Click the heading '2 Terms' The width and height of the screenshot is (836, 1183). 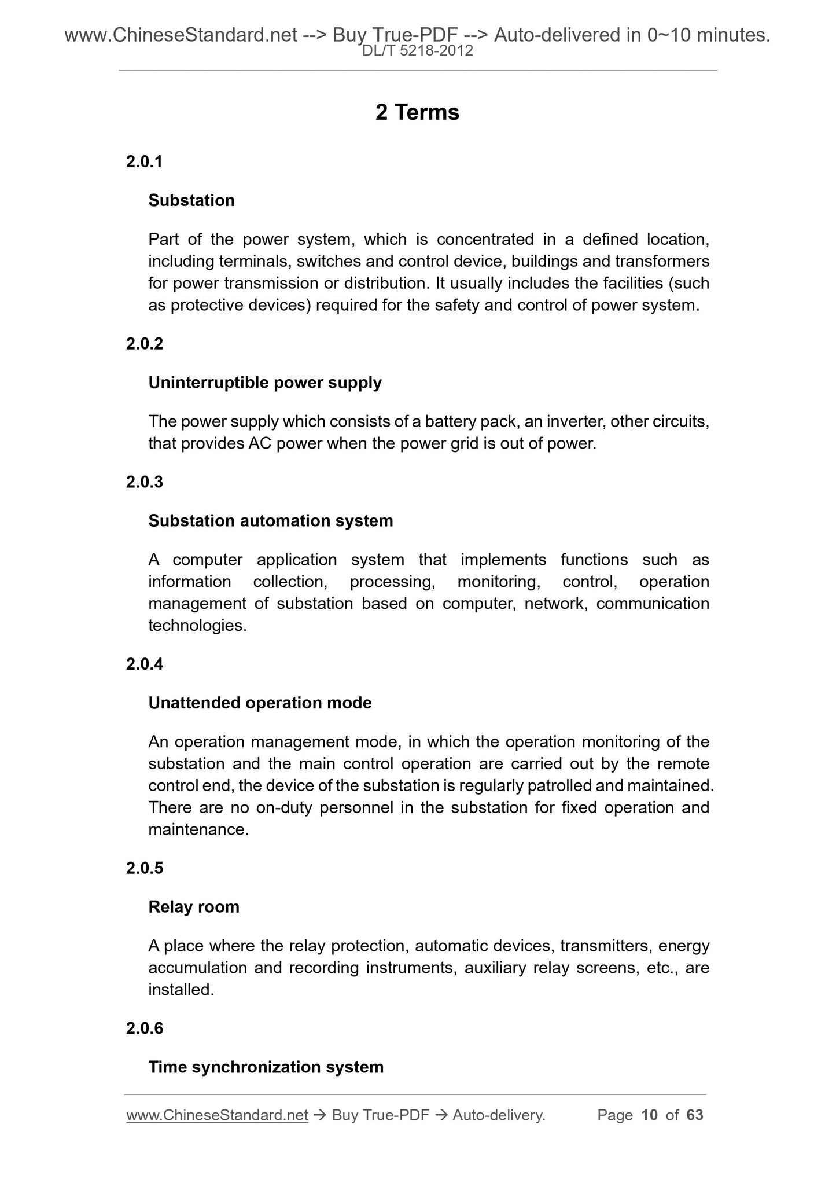tap(417, 112)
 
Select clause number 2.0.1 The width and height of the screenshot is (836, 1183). tap(145, 161)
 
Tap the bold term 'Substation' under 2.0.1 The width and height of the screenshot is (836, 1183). tap(191, 200)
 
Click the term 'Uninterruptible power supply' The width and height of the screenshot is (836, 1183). tap(265, 383)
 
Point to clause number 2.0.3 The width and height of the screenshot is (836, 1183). tap(145, 482)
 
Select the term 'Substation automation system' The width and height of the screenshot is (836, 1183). tap(271, 521)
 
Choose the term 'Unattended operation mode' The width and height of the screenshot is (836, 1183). tap(260, 703)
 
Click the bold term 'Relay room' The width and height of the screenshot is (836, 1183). tap(194, 907)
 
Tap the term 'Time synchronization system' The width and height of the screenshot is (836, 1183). tap(266, 1067)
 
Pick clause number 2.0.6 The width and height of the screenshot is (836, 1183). tap(145, 1028)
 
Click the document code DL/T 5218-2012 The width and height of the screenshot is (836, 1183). tap(417, 52)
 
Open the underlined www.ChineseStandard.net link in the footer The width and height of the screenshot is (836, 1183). tap(217, 1115)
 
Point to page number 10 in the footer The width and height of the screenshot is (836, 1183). tap(650, 1115)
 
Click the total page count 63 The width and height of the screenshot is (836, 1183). tap(695, 1115)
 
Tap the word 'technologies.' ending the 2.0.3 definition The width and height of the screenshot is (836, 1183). tap(197, 626)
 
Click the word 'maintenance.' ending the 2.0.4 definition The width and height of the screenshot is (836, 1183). tap(198, 830)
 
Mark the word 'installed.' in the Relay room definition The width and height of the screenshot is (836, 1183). tap(181, 990)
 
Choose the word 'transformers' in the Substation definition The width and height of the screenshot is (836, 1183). tap(662, 262)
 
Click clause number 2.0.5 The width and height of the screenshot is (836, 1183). tap(145, 868)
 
